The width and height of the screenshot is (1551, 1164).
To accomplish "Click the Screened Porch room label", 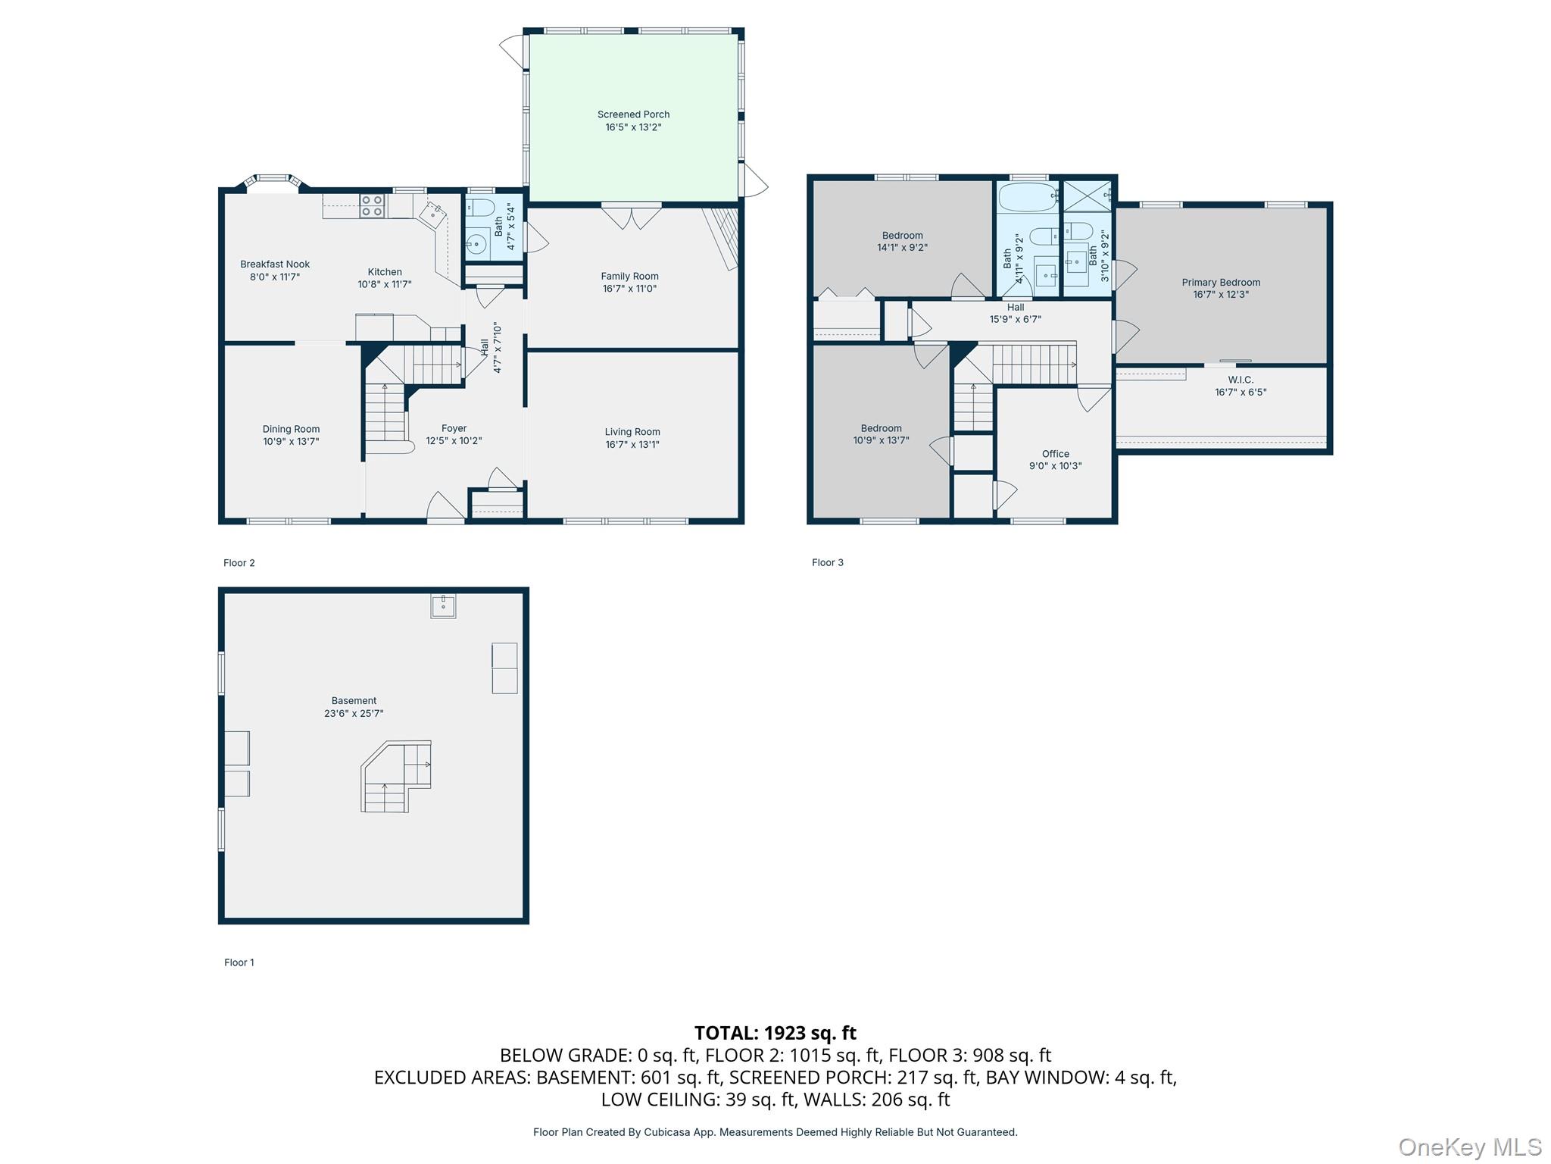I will pyautogui.click(x=633, y=114).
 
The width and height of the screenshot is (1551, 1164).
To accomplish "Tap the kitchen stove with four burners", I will pyautogui.click(x=372, y=205).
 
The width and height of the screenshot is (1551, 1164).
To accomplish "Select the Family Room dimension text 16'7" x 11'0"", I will pyautogui.click(x=629, y=289).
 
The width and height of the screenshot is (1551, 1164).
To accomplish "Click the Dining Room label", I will pyautogui.click(x=291, y=429).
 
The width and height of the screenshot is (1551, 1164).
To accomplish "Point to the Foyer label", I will pyautogui.click(x=454, y=428).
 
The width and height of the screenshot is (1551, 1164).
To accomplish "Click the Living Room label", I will pyautogui.click(x=632, y=432).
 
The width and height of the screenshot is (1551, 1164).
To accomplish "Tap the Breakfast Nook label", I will pyautogui.click(x=275, y=264).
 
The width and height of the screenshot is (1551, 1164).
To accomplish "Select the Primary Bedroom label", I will pyautogui.click(x=1221, y=283).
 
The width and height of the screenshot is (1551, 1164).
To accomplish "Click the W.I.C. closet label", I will pyautogui.click(x=1240, y=380).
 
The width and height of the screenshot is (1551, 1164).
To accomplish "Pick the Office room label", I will pyautogui.click(x=1055, y=454).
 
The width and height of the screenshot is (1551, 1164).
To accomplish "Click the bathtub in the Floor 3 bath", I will pyautogui.click(x=1028, y=197).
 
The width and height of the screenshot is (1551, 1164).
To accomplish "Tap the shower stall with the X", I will pyautogui.click(x=1087, y=196).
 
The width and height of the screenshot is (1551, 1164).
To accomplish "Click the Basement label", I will pyautogui.click(x=354, y=701).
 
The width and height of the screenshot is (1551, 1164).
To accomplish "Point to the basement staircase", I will pyautogui.click(x=396, y=777).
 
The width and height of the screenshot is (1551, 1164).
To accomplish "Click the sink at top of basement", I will pyautogui.click(x=443, y=605).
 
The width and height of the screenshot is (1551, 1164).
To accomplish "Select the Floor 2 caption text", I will pyautogui.click(x=239, y=563).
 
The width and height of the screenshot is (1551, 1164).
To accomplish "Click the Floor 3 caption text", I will pyautogui.click(x=827, y=562).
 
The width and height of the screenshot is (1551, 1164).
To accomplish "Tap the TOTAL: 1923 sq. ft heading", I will pyautogui.click(x=775, y=1033).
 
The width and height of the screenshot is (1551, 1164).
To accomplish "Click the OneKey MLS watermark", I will pyautogui.click(x=1469, y=1147).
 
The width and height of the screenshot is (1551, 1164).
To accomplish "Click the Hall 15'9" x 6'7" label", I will pyautogui.click(x=1016, y=313).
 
